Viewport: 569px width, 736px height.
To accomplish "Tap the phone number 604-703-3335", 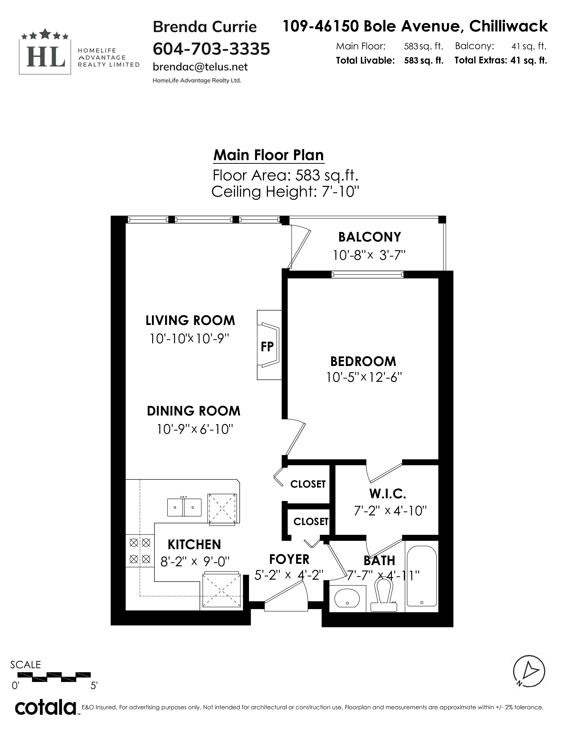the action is [211, 49].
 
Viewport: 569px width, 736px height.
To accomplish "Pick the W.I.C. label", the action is [388, 494].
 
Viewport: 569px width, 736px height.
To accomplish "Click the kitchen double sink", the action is [184, 507].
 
